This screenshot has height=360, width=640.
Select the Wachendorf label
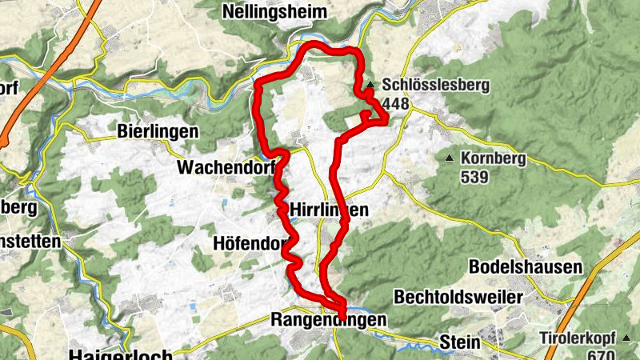click(x=226, y=169)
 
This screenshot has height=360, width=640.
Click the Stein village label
click(x=459, y=342)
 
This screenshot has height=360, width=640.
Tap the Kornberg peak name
click(x=493, y=158)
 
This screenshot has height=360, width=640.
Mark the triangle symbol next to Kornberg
click(x=450, y=158)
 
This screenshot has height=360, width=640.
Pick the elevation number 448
click(x=398, y=103)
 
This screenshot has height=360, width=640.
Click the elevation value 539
click(x=474, y=177)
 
